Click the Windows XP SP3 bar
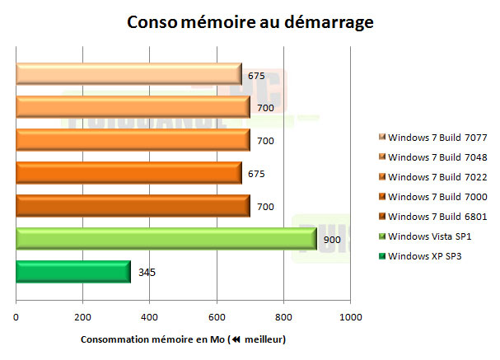point(72,272)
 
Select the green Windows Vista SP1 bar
point(166,239)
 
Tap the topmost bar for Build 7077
point(129,75)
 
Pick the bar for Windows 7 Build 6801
point(133,206)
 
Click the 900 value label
point(330,240)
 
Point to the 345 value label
point(145,273)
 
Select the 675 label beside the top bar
point(256,76)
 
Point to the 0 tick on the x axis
point(16,317)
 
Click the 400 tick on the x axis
point(150,317)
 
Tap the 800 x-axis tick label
point(283,317)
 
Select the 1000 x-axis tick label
point(350,317)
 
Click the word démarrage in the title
point(331,22)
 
